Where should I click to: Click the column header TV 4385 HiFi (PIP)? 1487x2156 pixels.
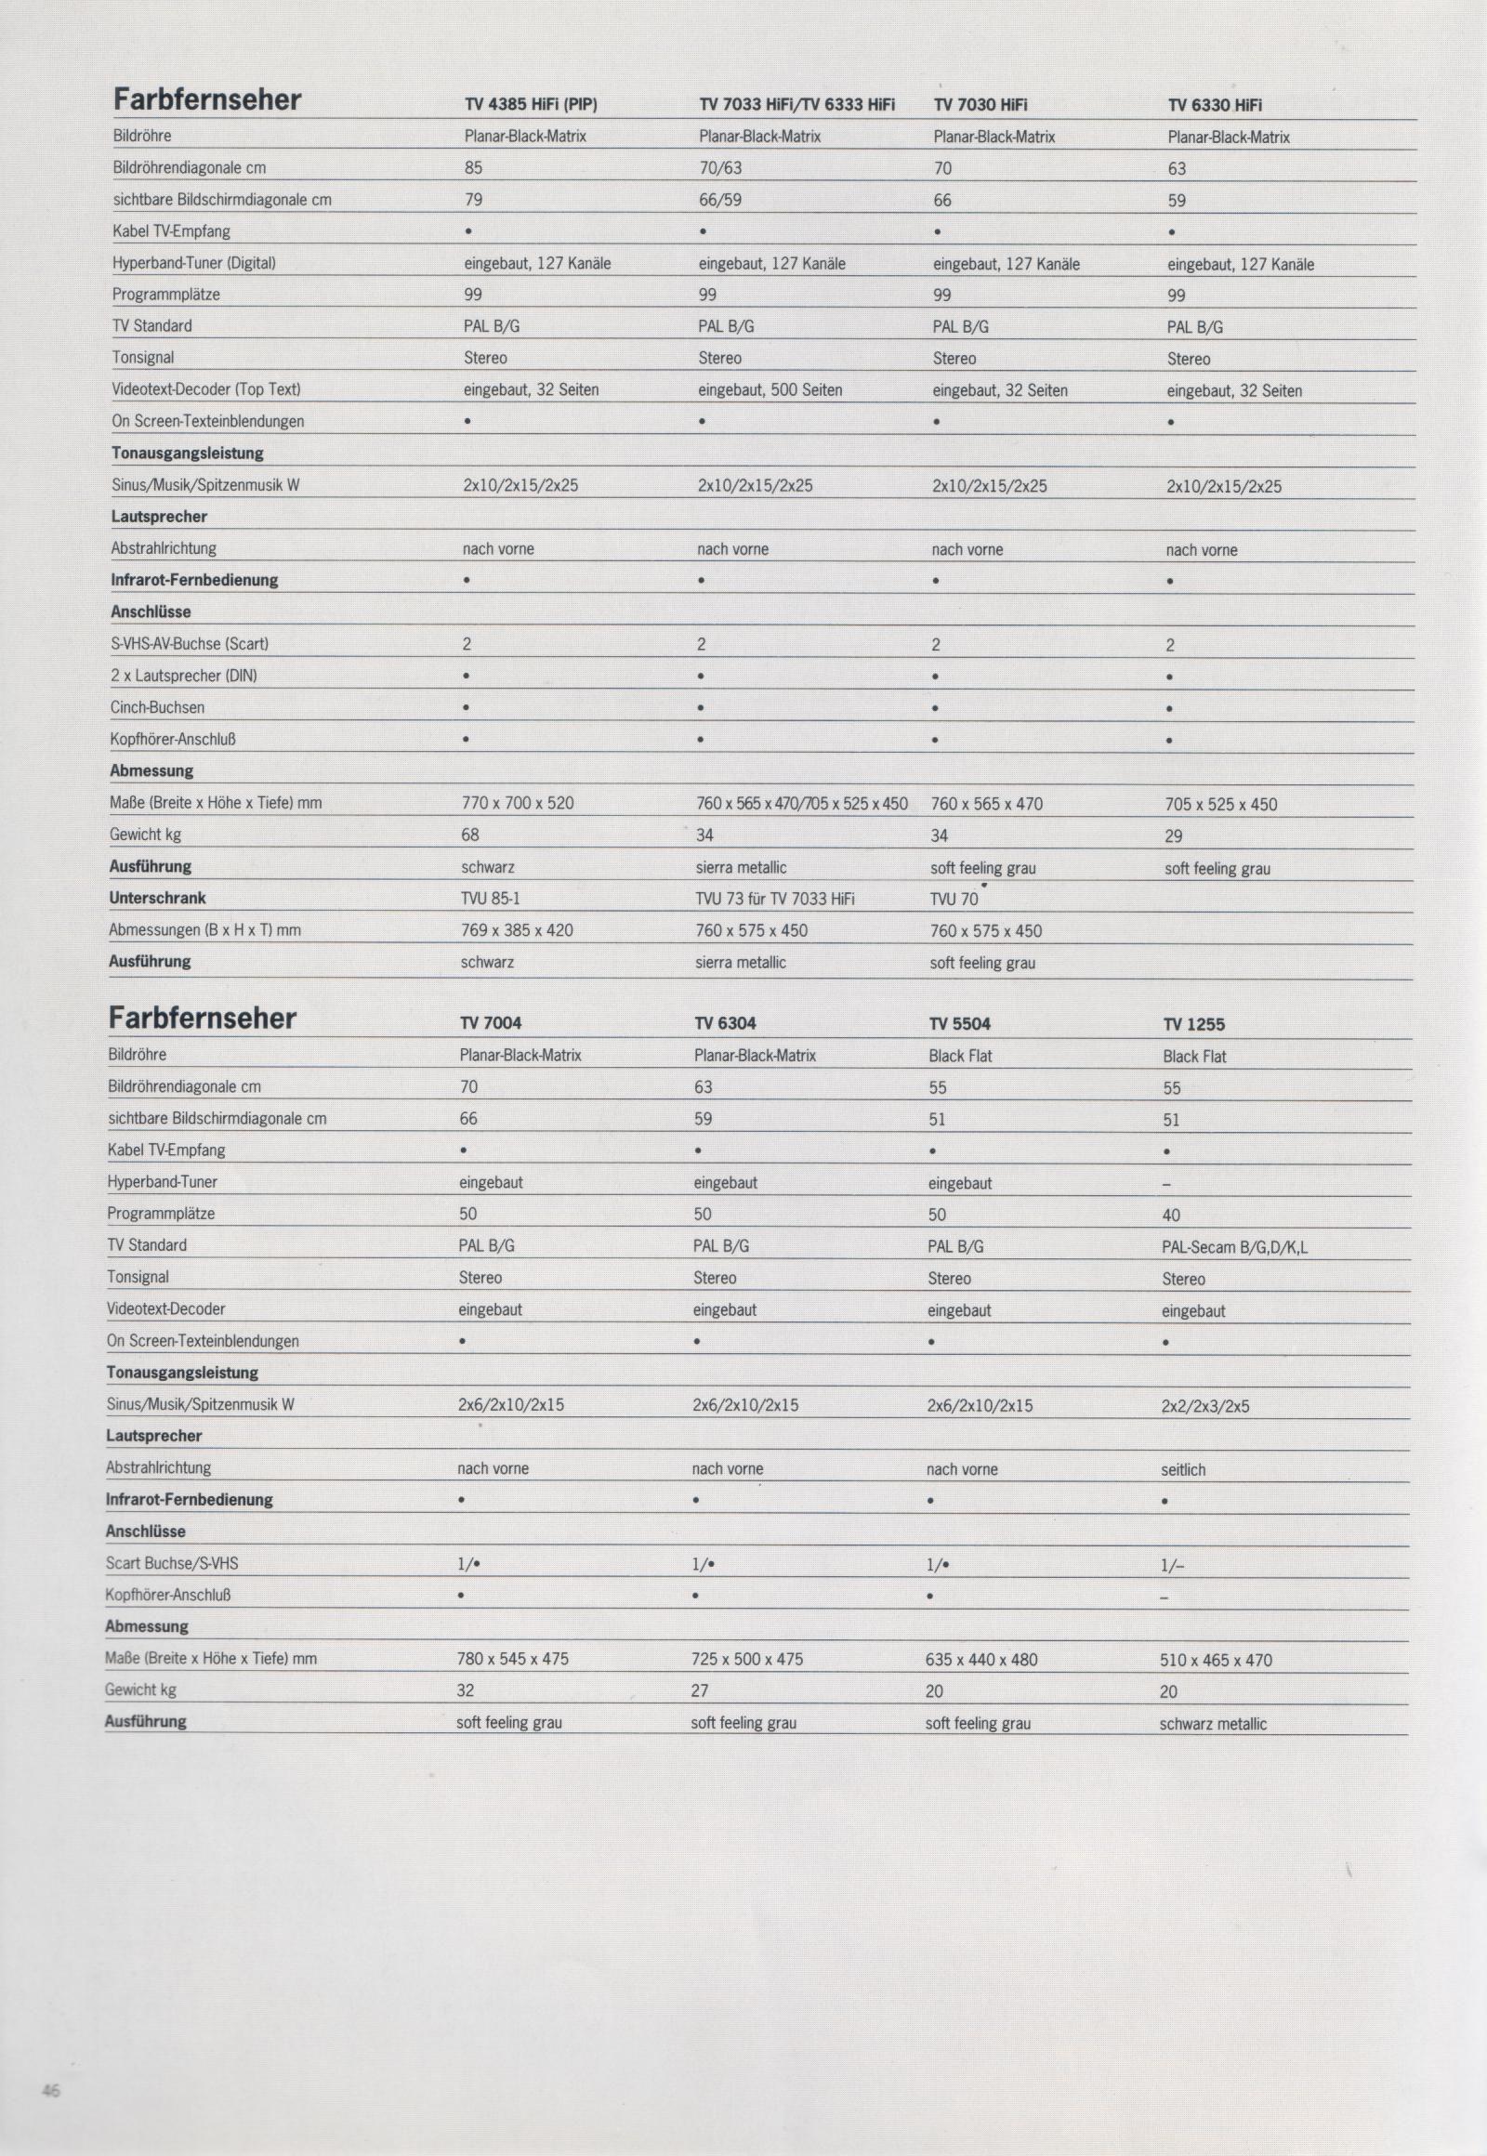(530, 105)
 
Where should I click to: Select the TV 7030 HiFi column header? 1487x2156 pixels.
(980, 105)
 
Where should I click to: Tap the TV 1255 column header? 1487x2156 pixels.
(1193, 1025)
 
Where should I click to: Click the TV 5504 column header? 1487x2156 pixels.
(959, 1024)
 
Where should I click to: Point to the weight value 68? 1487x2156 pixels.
(469, 835)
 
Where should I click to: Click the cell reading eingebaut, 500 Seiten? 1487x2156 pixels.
(770, 390)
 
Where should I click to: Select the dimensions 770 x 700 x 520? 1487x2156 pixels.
(517, 803)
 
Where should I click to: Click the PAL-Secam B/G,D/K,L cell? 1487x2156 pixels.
(1234, 1247)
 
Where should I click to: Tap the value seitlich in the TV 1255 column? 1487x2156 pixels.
(1183, 1470)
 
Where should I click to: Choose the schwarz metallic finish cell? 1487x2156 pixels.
(1212, 1725)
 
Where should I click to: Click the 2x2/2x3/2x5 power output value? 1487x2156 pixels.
(1204, 1407)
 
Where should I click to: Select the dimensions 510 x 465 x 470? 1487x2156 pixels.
(1215, 1661)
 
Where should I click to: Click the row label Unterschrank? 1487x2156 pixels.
(156, 898)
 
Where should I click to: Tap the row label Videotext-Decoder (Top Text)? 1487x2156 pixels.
(206, 389)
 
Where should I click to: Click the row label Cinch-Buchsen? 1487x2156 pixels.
(156, 707)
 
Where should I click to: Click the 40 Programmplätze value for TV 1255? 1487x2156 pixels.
(1170, 1216)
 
